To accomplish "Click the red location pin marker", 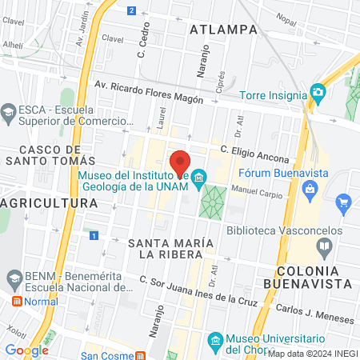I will point(180,161).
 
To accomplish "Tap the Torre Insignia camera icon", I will point(318,93).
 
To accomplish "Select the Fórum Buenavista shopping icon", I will point(311,188).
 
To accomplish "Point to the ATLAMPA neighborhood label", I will point(225,30).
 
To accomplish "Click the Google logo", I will point(26,350).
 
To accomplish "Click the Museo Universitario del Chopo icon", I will point(214,342).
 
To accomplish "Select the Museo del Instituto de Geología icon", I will point(200,176).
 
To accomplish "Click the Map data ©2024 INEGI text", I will point(312,354).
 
